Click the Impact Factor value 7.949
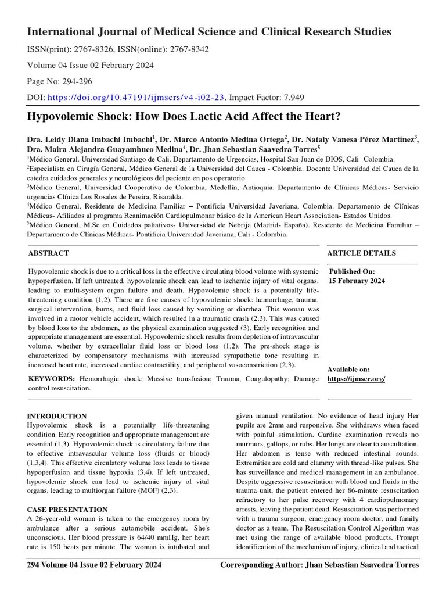[x=292, y=97]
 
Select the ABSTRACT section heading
[x=48, y=253]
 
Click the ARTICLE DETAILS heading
[x=361, y=253]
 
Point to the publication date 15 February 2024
[x=357, y=281]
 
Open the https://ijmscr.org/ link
[x=356, y=379]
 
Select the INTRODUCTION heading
[x=57, y=416]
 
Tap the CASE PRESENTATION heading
[x=67, y=510]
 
